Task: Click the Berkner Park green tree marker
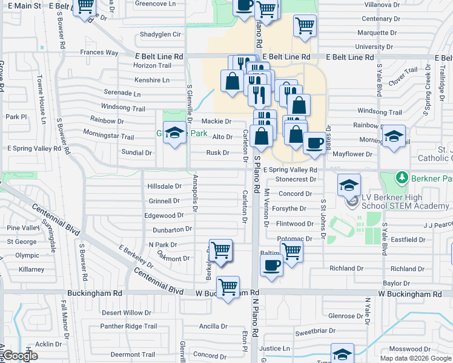[x=400, y=178]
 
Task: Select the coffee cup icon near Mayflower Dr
[x=314, y=143]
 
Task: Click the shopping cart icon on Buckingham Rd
[x=228, y=286]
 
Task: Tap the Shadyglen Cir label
[x=160, y=34]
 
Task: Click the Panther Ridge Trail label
[x=128, y=327]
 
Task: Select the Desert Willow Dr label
[x=126, y=313]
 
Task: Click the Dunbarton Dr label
[x=172, y=230]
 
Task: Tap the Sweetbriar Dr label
[x=315, y=332]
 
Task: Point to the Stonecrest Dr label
[x=296, y=179]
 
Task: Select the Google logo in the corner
[x=20, y=356]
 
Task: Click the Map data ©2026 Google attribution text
[x=415, y=358]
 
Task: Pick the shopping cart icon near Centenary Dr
[x=305, y=26]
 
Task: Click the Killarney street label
[x=31, y=269]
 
